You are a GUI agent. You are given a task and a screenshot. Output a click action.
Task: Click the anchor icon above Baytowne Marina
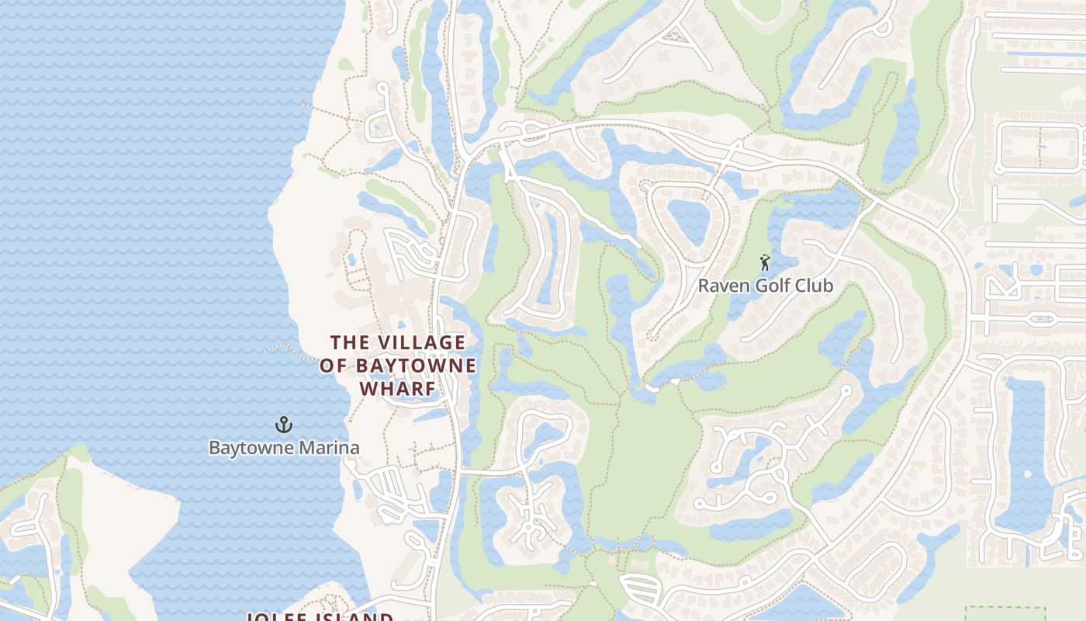284,425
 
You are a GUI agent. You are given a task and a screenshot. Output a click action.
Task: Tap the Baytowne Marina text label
284,448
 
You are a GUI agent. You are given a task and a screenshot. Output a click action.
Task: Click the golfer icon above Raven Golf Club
765,262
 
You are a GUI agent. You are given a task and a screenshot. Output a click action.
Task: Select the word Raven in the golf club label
719,286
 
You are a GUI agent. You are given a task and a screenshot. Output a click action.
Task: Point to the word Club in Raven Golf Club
813,286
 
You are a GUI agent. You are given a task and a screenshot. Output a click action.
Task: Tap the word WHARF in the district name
398,388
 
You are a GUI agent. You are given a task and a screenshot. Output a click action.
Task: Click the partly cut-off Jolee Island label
320,616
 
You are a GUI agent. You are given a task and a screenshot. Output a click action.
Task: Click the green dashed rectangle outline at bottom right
1005,613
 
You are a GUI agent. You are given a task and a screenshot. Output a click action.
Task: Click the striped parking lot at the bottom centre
639,589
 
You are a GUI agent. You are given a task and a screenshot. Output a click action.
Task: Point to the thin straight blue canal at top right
1043,54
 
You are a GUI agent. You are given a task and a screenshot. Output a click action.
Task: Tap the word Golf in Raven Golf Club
766,286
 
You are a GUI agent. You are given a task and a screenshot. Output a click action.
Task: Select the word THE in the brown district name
347,342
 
